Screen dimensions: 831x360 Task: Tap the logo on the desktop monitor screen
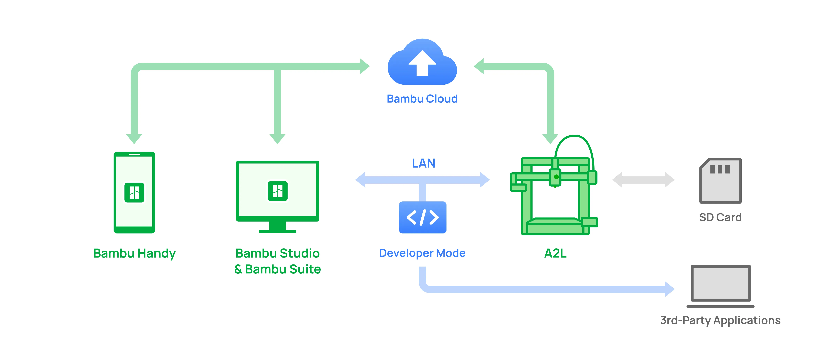click(277, 191)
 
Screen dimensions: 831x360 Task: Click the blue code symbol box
click(423, 217)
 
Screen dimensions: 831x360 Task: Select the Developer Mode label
click(422, 253)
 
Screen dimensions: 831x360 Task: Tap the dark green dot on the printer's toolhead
click(556, 177)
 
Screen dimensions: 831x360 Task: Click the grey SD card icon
click(720, 181)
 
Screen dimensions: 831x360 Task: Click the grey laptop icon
click(720, 286)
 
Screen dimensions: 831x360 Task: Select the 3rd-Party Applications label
click(720, 321)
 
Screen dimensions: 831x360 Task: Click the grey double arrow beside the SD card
click(643, 180)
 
